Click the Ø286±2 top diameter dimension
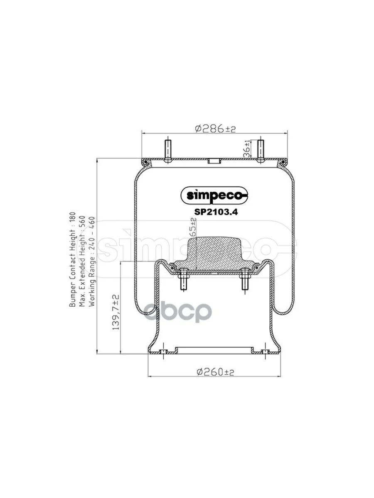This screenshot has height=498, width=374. coord(215,129)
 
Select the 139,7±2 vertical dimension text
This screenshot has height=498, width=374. coord(116,312)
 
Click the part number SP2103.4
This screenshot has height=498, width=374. coord(216,210)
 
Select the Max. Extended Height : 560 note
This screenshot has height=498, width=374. coord(82,261)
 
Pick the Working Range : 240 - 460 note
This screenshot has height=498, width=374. coord(92,261)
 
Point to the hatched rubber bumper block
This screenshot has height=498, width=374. coord(215,253)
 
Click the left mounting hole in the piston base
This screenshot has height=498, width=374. coord(164,352)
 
